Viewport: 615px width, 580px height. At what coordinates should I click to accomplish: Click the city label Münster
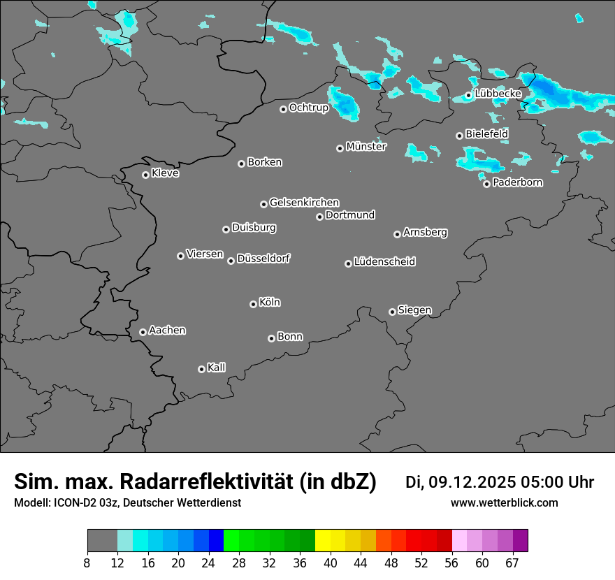366,147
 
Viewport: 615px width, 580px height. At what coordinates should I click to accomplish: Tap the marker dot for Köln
253,304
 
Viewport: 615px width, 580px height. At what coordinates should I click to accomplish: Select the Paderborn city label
517,182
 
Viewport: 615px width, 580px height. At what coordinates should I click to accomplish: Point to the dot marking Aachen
143,332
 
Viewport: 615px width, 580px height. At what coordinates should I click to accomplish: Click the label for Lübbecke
498,94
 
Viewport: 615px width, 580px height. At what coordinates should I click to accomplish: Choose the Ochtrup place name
308,108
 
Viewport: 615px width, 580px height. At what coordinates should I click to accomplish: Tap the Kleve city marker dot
145,175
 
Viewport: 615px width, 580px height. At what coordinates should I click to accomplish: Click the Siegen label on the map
414,310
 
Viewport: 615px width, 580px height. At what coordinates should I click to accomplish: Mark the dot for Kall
201,369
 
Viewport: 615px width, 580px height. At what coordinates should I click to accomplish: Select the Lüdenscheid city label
384,262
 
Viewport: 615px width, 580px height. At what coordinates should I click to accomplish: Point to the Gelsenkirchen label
304,203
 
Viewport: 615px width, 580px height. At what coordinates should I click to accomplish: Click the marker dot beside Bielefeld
459,136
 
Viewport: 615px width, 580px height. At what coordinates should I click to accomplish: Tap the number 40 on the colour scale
330,563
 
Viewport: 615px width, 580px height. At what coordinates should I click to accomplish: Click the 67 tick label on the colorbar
512,563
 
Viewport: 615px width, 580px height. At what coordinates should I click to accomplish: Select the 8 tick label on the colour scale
87,563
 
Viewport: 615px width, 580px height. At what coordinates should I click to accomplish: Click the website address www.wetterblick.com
504,503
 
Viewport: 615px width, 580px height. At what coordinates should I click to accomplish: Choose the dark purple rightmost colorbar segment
520,541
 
